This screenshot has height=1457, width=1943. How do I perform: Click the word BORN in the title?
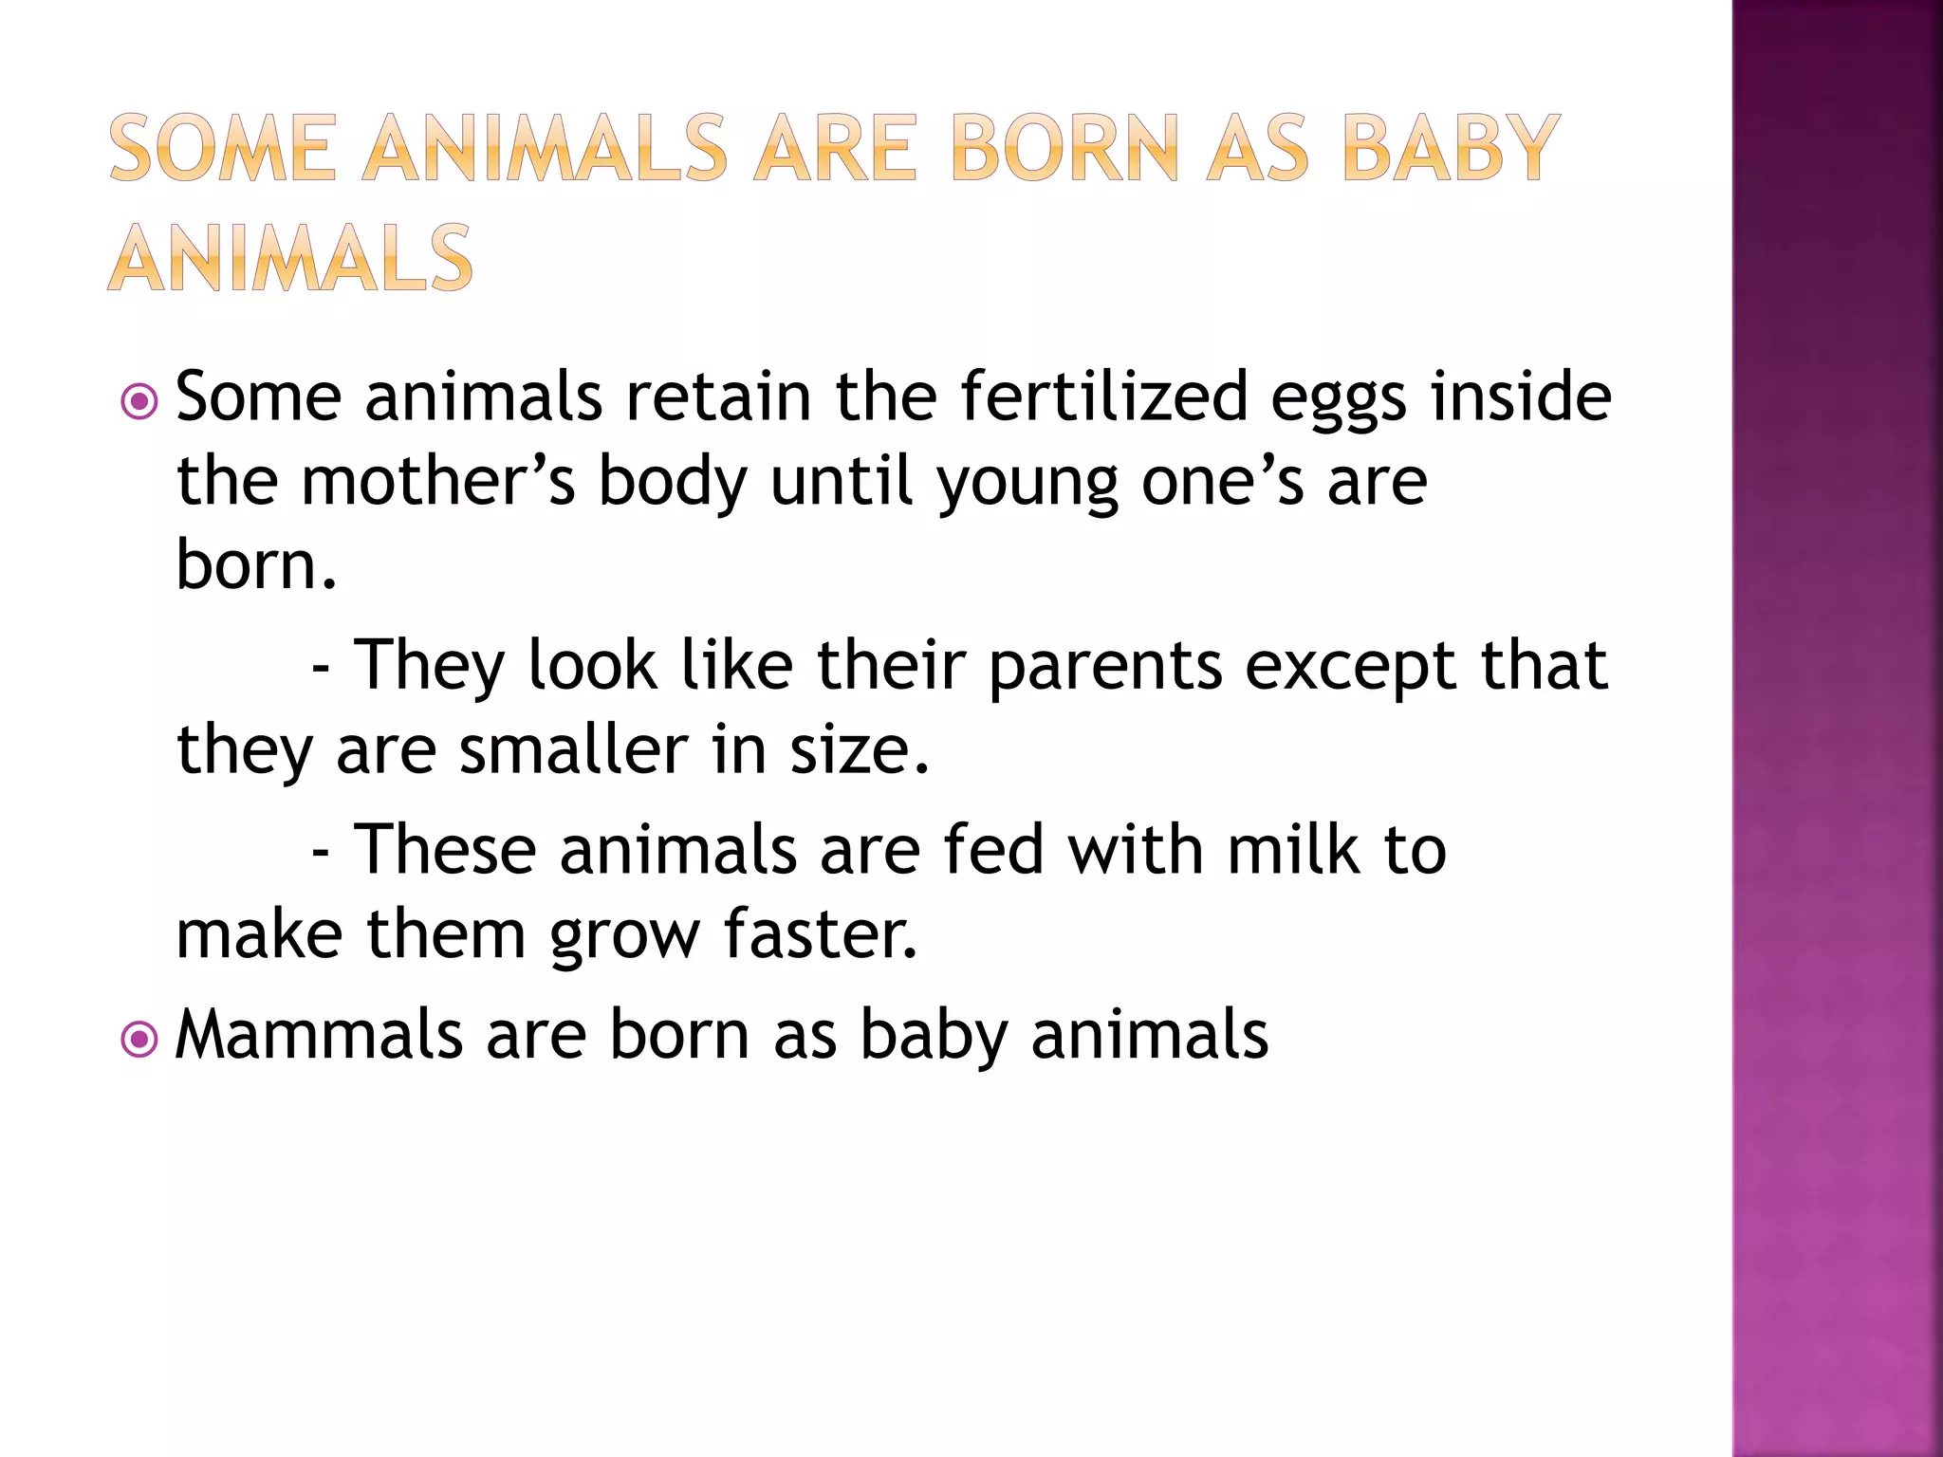1064,148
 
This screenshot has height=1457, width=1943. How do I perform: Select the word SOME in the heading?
223,148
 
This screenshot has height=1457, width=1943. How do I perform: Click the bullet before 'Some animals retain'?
139,402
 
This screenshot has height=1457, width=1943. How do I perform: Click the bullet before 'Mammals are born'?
139,1040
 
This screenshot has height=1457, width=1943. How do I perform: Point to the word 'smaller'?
574,749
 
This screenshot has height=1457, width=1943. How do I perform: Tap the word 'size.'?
860,749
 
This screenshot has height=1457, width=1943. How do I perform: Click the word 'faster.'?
821,933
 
